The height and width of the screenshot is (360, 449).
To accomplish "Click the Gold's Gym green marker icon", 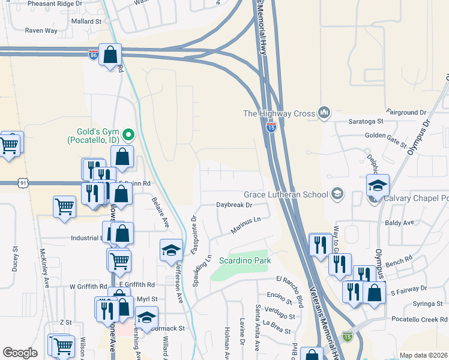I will (127, 133).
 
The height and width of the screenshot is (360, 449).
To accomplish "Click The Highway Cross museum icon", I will (325, 112).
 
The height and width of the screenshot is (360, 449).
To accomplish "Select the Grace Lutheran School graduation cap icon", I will (338, 193).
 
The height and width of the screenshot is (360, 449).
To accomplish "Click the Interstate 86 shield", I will (93, 55).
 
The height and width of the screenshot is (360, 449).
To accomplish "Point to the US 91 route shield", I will (23, 182).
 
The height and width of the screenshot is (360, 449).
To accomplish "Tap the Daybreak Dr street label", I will (234, 205).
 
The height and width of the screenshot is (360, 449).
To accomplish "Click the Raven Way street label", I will (41, 30).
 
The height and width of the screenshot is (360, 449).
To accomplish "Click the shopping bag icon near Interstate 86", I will (110, 55).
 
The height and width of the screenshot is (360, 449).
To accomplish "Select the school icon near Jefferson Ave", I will (171, 250).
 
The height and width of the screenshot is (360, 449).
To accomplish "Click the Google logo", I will (20, 353).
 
